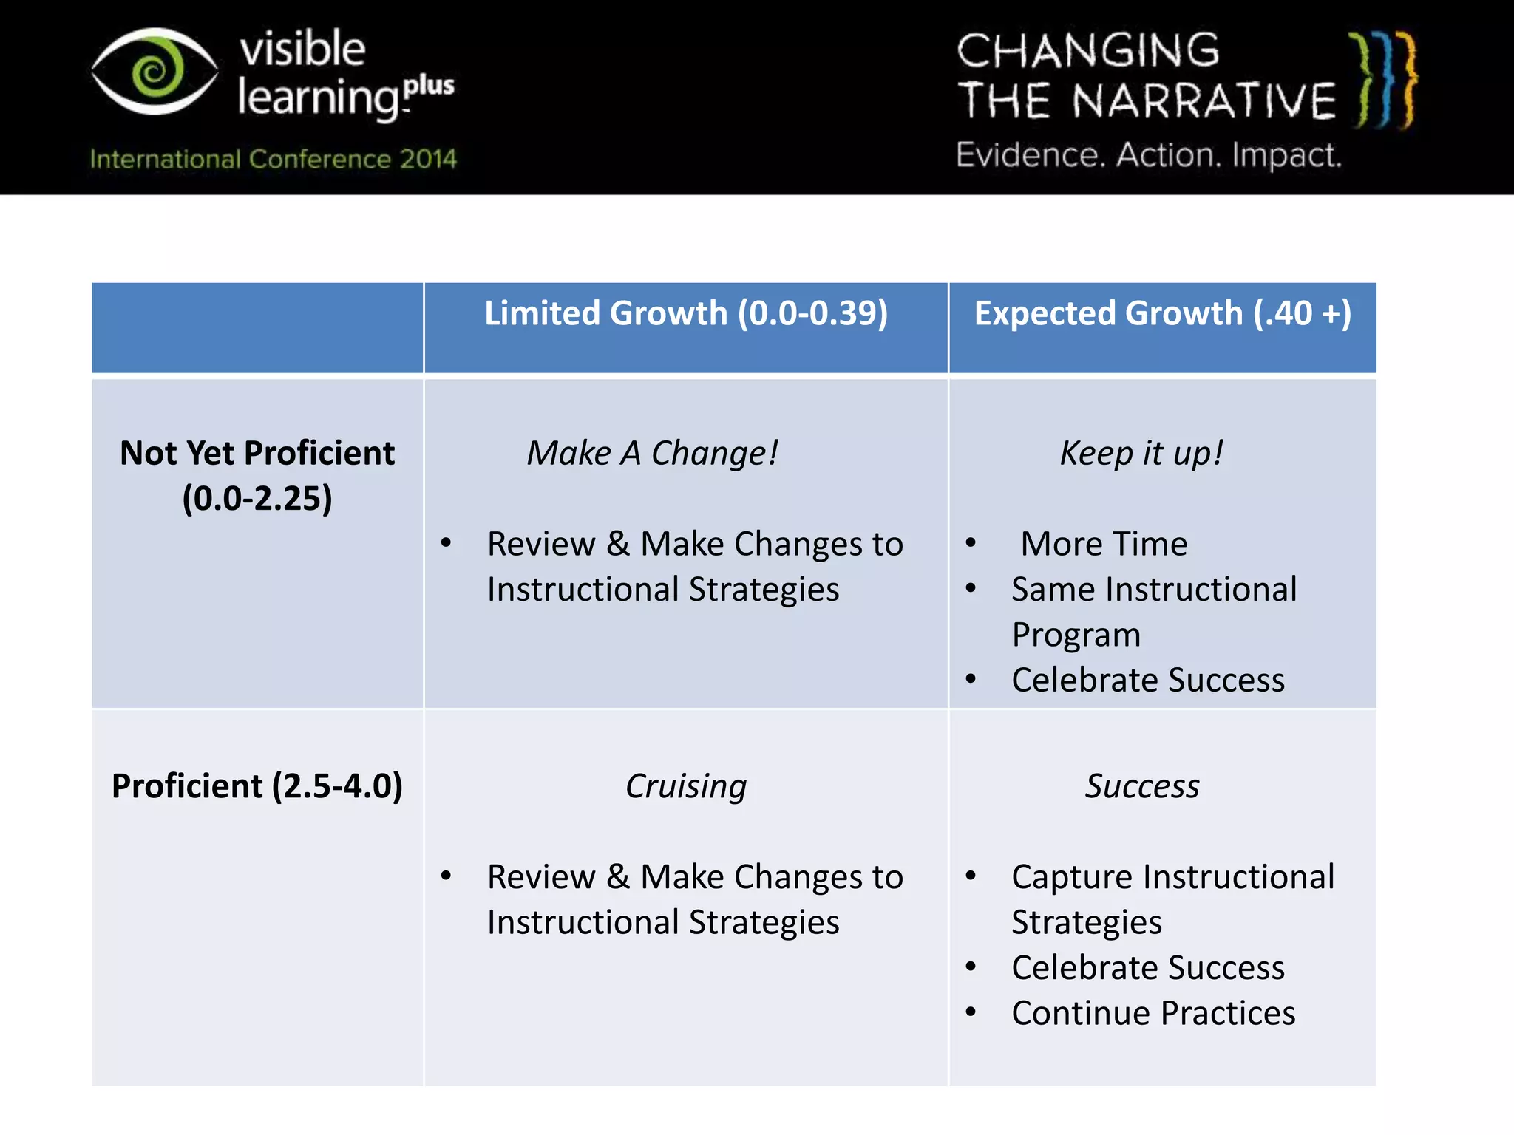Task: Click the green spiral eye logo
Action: pos(155,71)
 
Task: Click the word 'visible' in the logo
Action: pos(302,49)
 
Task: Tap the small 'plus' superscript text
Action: pos(430,86)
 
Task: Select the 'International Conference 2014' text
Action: pos(274,159)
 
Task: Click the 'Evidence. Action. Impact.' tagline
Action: pos(1148,155)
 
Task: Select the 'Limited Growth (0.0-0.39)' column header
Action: pos(686,313)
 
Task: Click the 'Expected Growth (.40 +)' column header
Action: pos(1163,313)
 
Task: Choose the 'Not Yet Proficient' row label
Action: pos(257,453)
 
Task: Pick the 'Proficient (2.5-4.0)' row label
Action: pos(257,785)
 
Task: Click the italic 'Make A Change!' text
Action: pos(652,453)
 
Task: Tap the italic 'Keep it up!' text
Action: pos(1141,453)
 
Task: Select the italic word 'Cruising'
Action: pos(686,785)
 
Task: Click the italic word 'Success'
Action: pos(1142,785)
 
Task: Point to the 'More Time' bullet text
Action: pos(1104,544)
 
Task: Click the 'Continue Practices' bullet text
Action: pos(1153,1013)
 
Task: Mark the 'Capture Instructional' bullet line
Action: pos(1172,877)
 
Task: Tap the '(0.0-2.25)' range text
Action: pos(257,498)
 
